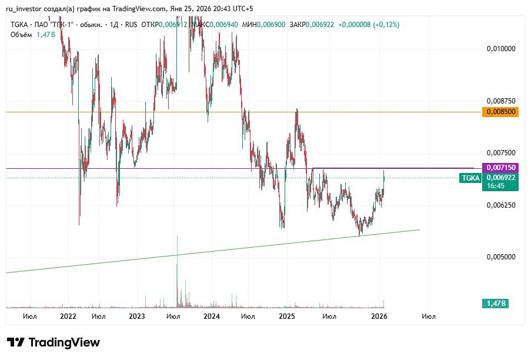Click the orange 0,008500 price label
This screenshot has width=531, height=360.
(499, 112)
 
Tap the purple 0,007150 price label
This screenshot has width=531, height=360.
(499, 168)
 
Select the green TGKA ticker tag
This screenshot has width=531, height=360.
(470, 178)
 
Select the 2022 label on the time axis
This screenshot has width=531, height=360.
(68, 316)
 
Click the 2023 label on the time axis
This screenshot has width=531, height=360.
(136, 316)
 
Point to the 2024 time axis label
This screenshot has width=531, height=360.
(211, 316)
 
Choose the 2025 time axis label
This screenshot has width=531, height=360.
(286, 316)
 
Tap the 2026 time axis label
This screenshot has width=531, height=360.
(378, 316)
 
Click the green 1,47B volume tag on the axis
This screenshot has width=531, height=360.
(495, 304)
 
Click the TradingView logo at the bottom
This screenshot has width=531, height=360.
(54, 342)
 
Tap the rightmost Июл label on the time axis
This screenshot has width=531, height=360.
(429, 316)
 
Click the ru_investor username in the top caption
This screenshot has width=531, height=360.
(24, 9)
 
